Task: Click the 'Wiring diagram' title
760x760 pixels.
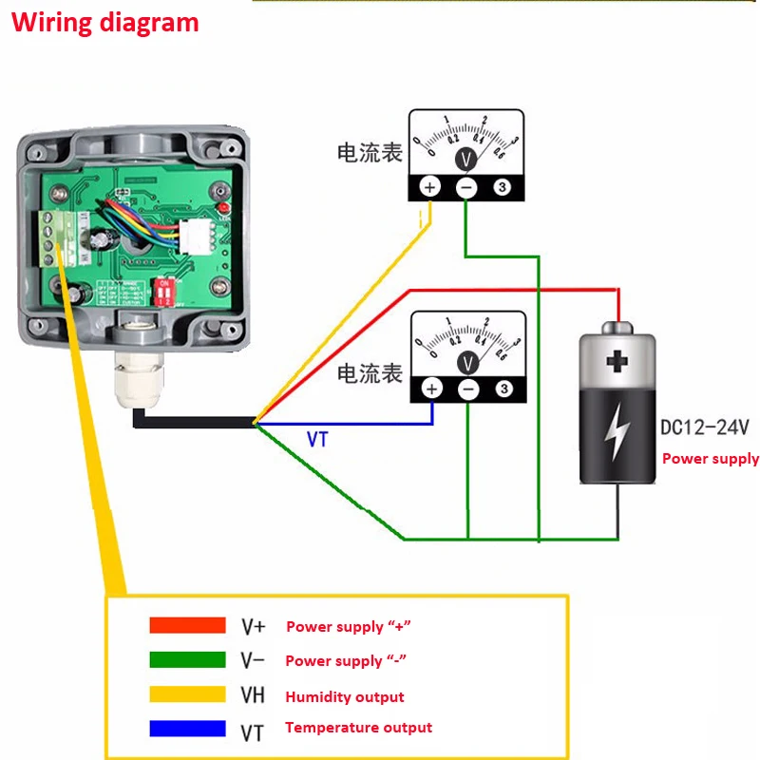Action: click(x=105, y=22)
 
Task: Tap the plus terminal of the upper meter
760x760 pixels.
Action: click(x=429, y=187)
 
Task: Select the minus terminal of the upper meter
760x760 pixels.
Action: click(x=466, y=187)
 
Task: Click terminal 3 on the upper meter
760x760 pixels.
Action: click(x=503, y=187)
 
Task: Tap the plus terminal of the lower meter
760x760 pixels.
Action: click(x=431, y=389)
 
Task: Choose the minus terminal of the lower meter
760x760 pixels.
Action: click(x=468, y=389)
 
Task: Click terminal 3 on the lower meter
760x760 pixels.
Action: click(x=504, y=389)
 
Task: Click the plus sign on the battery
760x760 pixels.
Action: click(x=618, y=362)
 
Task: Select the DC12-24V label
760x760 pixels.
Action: click(x=704, y=428)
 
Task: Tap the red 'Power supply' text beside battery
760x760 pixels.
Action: click(x=710, y=459)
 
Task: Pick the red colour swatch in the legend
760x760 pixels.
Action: click(x=187, y=625)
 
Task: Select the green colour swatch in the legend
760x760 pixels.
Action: click(x=187, y=659)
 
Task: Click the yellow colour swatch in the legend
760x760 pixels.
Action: click(x=187, y=694)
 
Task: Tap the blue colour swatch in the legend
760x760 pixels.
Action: click(x=187, y=729)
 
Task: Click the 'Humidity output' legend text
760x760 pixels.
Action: click(x=345, y=697)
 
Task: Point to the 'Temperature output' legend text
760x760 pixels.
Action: click(x=358, y=728)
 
